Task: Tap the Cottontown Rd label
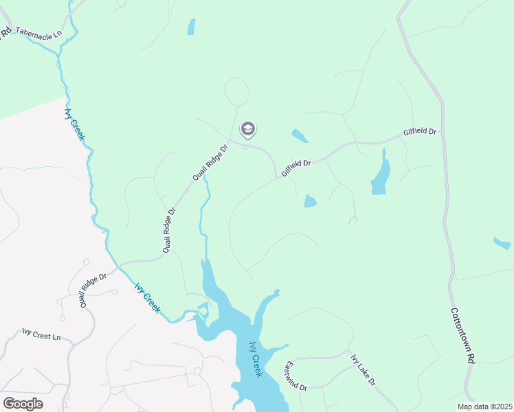tap(462, 335)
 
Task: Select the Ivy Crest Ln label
tap(41, 336)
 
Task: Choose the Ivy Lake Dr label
tap(363, 370)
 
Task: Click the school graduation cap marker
tap(247, 129)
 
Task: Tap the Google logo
tap(23, 404)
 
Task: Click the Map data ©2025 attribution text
tap(484, 407)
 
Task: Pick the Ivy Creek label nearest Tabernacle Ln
tap(74, 124)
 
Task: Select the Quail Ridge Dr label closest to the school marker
tap(210, 163)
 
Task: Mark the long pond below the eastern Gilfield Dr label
tap(381, 174)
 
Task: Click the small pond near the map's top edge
tap(191, 27)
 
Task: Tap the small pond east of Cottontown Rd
tap(502, 242)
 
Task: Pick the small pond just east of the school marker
tap(300, 135)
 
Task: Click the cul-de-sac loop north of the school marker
tap(236, 91)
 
